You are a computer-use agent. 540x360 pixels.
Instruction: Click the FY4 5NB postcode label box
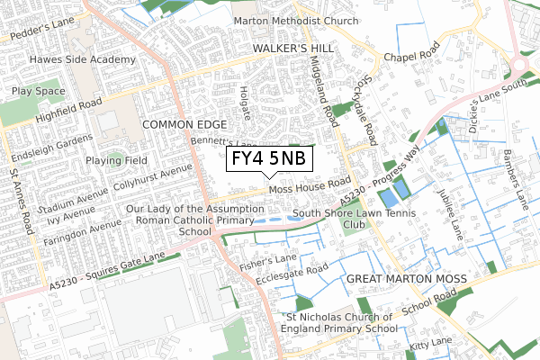[268, 159]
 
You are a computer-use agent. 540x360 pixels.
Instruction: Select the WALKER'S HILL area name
[292, 47]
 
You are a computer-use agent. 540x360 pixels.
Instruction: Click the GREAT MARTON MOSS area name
[406, 280]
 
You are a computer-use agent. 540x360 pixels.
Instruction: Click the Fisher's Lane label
[267, 262]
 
